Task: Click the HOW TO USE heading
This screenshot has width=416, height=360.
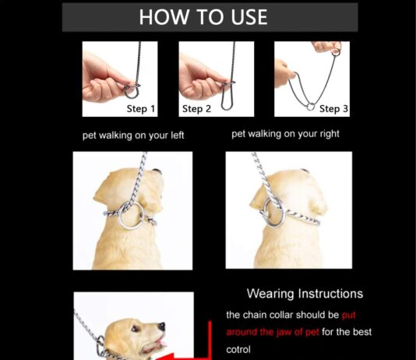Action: (203, 17)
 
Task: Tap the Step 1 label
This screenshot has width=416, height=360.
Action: (140, 109)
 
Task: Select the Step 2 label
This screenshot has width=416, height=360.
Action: (196, 109)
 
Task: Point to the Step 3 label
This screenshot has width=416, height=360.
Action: (333, 109)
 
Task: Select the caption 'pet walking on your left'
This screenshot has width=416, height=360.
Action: (133, 136)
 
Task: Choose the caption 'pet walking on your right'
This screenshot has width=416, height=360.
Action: (285, 134)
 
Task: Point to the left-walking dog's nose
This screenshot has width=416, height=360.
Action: (157, 171)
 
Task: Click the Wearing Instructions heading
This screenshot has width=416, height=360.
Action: (305, 294)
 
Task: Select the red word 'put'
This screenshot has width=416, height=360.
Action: (348, 316)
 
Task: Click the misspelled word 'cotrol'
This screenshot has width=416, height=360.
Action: (238, 349)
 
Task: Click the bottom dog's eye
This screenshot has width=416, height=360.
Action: (135, 329)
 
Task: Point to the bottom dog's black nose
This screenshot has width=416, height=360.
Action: (161, 326)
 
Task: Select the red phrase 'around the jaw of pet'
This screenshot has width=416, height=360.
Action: (273, 333)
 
